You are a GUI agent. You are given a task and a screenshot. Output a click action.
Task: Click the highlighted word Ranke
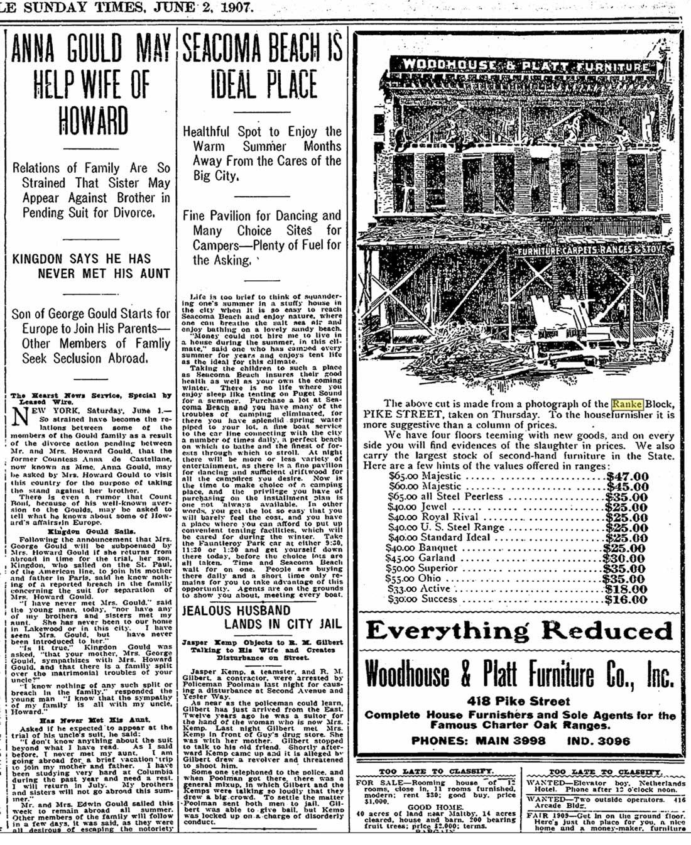(628, 403)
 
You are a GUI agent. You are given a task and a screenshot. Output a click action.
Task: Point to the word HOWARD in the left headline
(92, 121)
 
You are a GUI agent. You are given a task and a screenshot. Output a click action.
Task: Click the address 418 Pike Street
(519, 701)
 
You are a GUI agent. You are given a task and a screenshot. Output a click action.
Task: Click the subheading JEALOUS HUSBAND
(236, 610)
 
